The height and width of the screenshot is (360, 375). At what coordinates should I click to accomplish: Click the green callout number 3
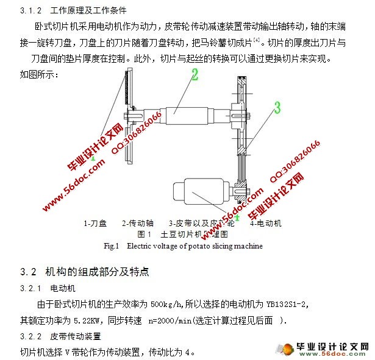tap(277, 108)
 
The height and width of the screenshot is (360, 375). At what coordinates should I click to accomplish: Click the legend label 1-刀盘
tap(95, 224)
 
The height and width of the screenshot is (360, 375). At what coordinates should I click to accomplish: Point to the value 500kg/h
tap(165, 304)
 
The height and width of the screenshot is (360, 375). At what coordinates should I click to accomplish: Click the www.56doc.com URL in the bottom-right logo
tap(330, 354)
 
